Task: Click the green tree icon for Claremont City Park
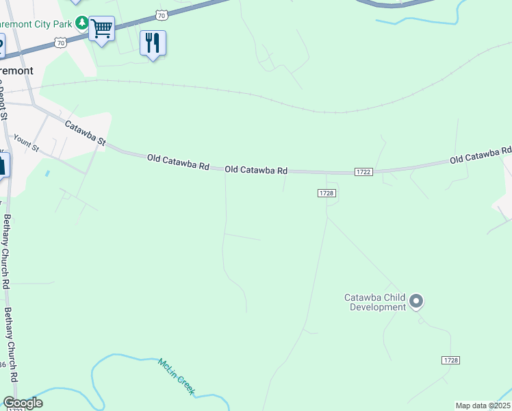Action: tap(82, 24)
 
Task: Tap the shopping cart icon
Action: tap(101, 29)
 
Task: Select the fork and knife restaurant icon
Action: tap(153, 43)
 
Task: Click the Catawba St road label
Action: tap(86, 133)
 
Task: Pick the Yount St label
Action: tap(26, 144)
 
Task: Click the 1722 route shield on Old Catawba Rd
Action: tap(363, 171)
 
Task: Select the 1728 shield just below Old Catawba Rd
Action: tap(327, 194)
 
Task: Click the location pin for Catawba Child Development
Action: tap(416, 301)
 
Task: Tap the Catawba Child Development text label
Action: tap(374, 302)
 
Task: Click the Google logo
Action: tap(23, 403)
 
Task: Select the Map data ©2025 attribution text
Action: tap(483, 406)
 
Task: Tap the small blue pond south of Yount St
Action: tap(47, 173)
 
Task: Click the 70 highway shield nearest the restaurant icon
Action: tap(161, 14)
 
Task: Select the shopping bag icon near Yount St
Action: tap(2, 165)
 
